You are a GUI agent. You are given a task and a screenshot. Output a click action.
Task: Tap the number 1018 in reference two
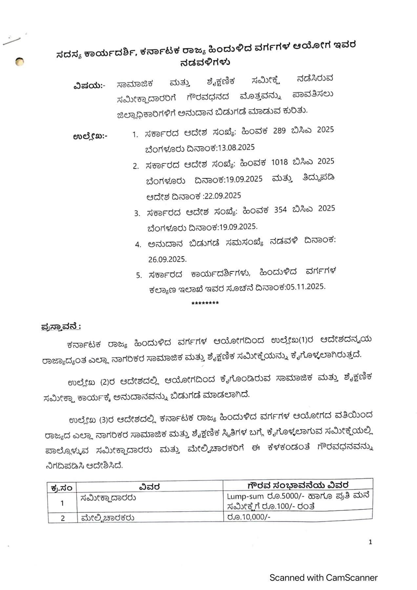pos(280,162)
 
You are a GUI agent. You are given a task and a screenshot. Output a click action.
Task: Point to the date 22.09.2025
pos(222,196)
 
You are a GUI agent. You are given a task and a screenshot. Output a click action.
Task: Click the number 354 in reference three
pos(281,210)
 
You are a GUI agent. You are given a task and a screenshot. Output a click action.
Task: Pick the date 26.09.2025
pos(167,259)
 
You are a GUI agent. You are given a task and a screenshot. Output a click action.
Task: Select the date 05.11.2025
pos(305,287)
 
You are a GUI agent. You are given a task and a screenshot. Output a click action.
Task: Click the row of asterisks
pos(205,303)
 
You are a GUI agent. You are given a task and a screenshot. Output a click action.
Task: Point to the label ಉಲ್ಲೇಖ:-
pos(90,136)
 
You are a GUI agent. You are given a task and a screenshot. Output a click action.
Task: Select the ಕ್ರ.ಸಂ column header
pos(62,488)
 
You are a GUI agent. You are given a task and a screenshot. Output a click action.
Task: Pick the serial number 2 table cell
pos(63,518)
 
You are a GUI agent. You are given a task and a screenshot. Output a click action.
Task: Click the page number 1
pos(370,542)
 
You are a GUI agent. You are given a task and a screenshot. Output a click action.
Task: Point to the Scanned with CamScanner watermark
pos(323,578)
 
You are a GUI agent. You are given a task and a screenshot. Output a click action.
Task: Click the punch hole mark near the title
pos(20,61)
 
